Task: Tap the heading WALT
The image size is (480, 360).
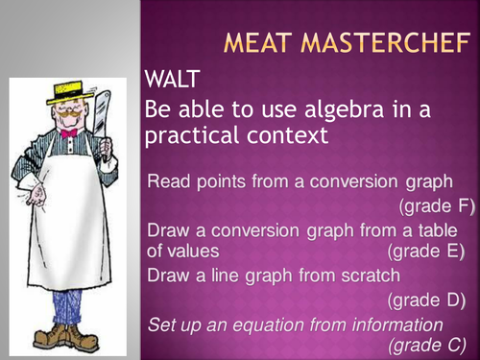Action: pyautogui.click(x=172, y=79)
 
